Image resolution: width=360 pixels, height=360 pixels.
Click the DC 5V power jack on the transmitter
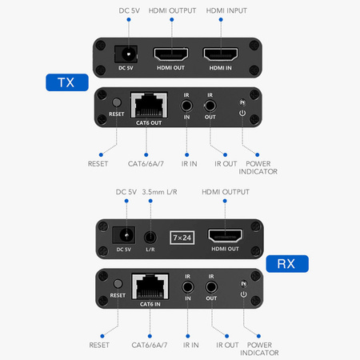[x=124, y=54]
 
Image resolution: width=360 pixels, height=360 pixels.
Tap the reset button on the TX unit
[x=117, y=103]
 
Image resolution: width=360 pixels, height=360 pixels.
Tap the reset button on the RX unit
[x=117, y=283]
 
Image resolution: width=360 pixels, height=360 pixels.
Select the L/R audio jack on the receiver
[x=149, y=237]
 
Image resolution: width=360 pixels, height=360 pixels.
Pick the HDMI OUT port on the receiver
[x=225, y=236]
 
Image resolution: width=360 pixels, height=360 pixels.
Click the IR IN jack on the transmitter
[x=187, y=103]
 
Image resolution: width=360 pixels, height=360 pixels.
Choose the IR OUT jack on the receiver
[x=211, y=284]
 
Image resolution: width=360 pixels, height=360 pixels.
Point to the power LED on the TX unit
[x=242, y=102]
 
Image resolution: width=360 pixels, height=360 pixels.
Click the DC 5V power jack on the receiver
[x=124, y=236]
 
